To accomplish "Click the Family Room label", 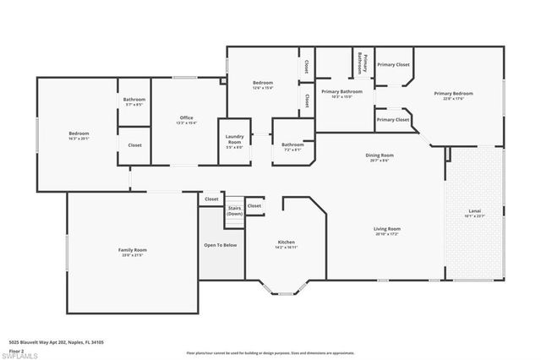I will coord(133,251).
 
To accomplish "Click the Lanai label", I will coord(474,213).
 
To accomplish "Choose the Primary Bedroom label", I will coord(453,95).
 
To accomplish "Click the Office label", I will coord(187,119).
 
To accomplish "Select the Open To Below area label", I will coord(220,245).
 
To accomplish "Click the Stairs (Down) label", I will coord(235,211).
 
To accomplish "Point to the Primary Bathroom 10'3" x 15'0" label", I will coord(342,93).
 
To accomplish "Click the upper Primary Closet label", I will coord(393,64).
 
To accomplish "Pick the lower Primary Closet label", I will coord(393,119).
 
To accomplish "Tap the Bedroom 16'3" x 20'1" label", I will coord(79,136).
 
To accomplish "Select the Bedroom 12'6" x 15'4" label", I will coord(262,85).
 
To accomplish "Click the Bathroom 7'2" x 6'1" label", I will coord(292,146).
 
